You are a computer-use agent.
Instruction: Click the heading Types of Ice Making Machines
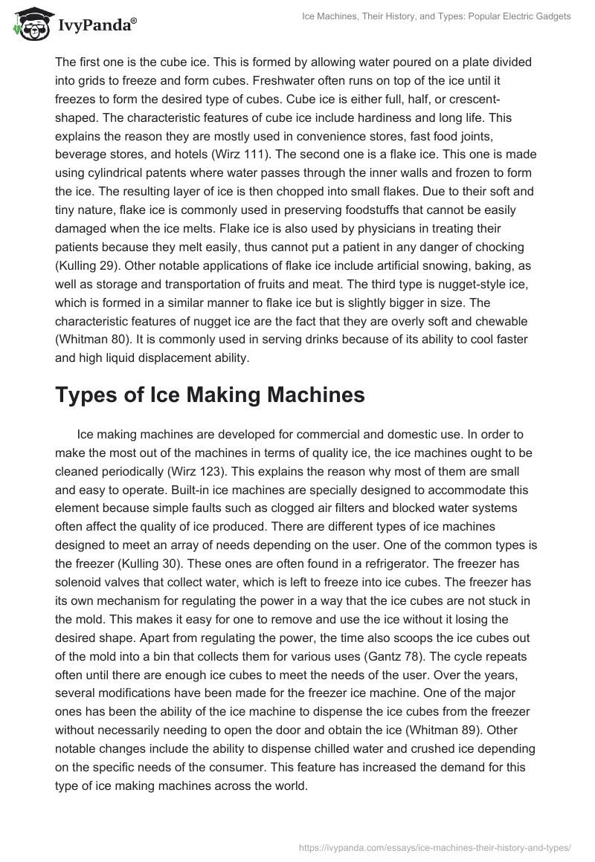coord(210,395)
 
